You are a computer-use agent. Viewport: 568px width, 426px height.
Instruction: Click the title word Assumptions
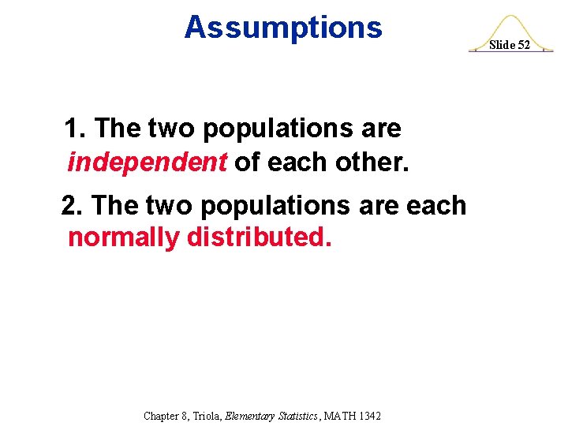click(282, 28)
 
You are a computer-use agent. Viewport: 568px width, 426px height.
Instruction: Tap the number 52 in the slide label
click(523, 45)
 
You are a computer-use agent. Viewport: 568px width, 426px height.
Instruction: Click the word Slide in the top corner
click(502, 45)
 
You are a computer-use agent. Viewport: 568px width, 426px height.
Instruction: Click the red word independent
click(148, 162)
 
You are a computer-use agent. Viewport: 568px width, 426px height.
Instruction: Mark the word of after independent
click(247, 162)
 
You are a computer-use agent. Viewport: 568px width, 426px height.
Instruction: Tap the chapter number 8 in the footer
click(187, 415)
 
